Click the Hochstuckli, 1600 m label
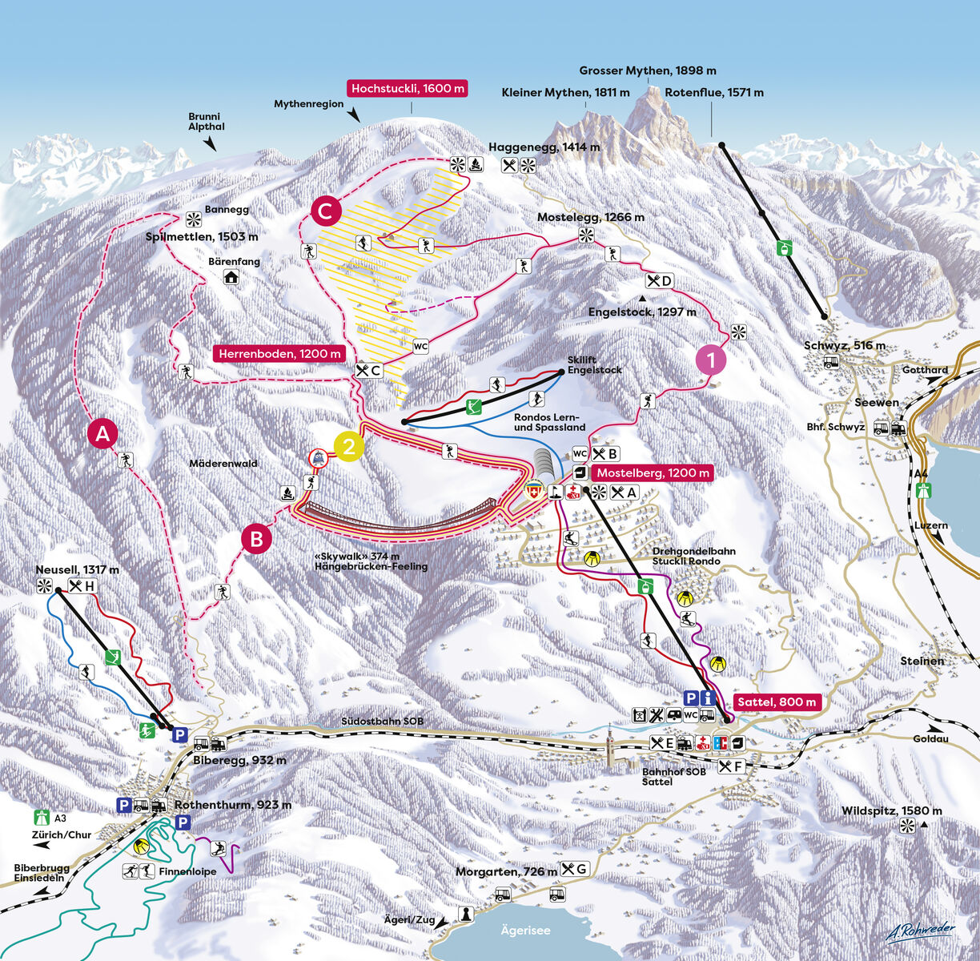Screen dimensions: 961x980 click(408, 89)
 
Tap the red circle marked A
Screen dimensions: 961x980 click(102, 434)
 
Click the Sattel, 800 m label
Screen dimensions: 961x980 click(777, 702)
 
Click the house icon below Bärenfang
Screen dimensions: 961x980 click(231, 278)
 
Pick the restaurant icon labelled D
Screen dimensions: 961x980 click(659, 280)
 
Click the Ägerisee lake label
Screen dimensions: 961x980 click(525, 930)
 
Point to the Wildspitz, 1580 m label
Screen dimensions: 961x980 click(891, 811)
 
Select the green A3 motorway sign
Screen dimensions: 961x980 click(38, 818)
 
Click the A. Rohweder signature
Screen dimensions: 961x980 click(920, 930)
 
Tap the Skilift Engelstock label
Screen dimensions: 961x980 click(594, 365)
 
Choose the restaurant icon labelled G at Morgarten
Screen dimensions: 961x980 click(575, 869)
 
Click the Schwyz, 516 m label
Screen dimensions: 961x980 click(844, 346)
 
